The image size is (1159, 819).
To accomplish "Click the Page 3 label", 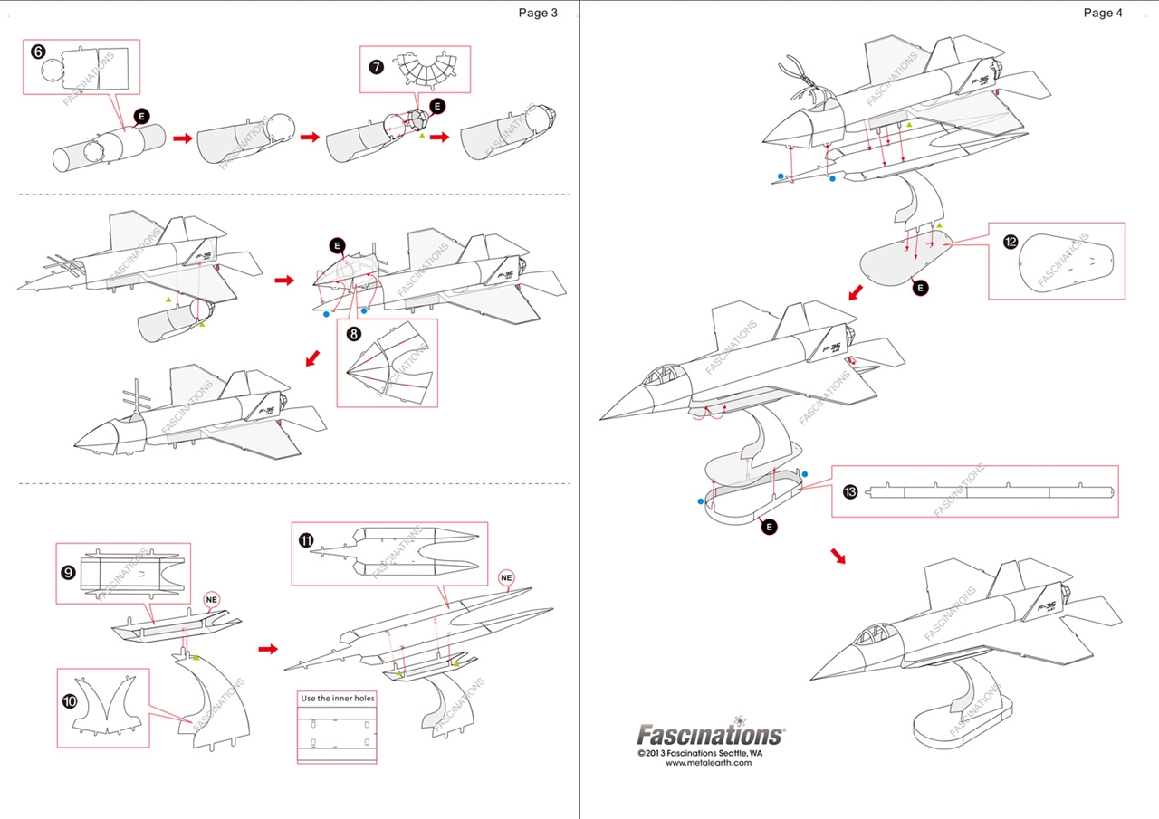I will (538, 13).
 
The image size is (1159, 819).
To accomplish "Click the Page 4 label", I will (1103, 13).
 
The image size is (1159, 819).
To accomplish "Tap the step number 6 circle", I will (38, 52).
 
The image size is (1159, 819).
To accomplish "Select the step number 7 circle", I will (376, 66).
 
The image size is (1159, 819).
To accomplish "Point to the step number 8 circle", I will (353, 333).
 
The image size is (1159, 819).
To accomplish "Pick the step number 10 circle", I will (70, 701).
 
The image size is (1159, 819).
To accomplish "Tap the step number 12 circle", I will (1011, 242).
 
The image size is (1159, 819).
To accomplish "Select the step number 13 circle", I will (850, 491).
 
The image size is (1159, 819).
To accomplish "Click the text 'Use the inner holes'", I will (337, 699).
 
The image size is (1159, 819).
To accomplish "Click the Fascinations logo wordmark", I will (710, 734).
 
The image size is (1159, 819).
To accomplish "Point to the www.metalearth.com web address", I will (708, 763).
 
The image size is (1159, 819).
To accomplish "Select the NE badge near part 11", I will (507, 576).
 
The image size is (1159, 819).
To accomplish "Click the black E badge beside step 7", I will (437, 106).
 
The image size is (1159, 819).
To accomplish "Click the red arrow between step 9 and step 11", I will (268, 649).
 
